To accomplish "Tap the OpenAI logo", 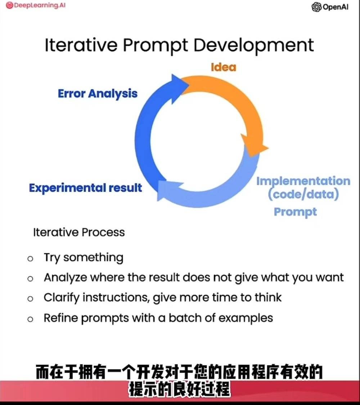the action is click(x=330, y=7).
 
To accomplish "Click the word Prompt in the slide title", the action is click(x=156, y=45).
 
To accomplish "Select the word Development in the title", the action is click(x=254, y=45).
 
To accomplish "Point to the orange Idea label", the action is click(x=224, y=67).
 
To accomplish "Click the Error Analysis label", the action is click(x=98, y=93).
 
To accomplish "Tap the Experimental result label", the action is click(x=85, y=188).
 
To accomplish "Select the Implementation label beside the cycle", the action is click(x=303, y=181).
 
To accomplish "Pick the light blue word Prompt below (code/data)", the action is click(x=295, y=212).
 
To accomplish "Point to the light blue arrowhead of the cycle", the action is click(x=168, y=190).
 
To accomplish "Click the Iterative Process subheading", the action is click(x=79, y=232).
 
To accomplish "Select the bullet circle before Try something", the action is click(x=30, y=258).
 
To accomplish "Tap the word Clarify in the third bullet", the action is click(x=62, y=298).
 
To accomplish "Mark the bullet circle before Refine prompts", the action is click(x=30, y=319).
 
